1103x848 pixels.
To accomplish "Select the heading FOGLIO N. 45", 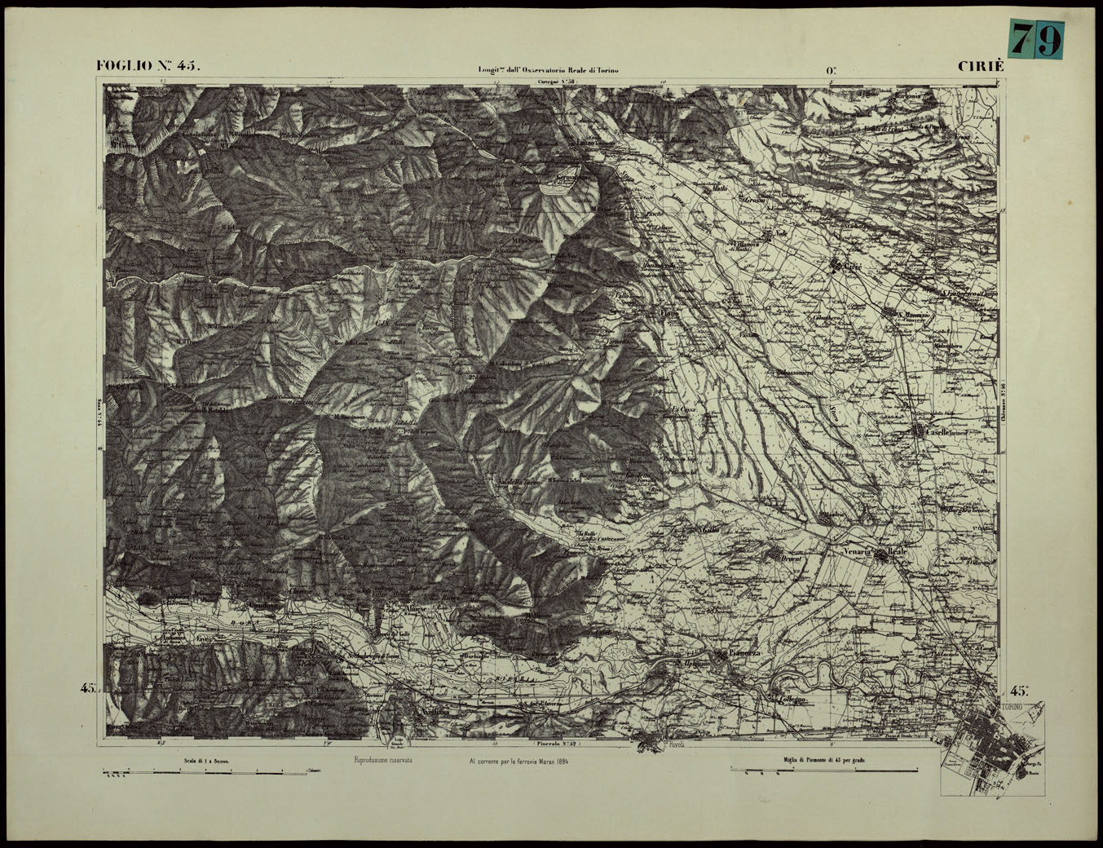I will pyautogui.click(x=147, y=66).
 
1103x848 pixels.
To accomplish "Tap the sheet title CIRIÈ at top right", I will pyautogui.click(x=981, y=67).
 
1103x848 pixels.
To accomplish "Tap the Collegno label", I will pyautogui.click(x=792, y=700).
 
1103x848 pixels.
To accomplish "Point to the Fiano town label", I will pyautogui.click(x=668, y=313).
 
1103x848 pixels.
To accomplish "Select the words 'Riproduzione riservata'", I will pyautogui.click(x=383, y=760).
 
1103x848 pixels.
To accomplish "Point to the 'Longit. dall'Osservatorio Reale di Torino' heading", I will pyautogui.click(x=548, y=70).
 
